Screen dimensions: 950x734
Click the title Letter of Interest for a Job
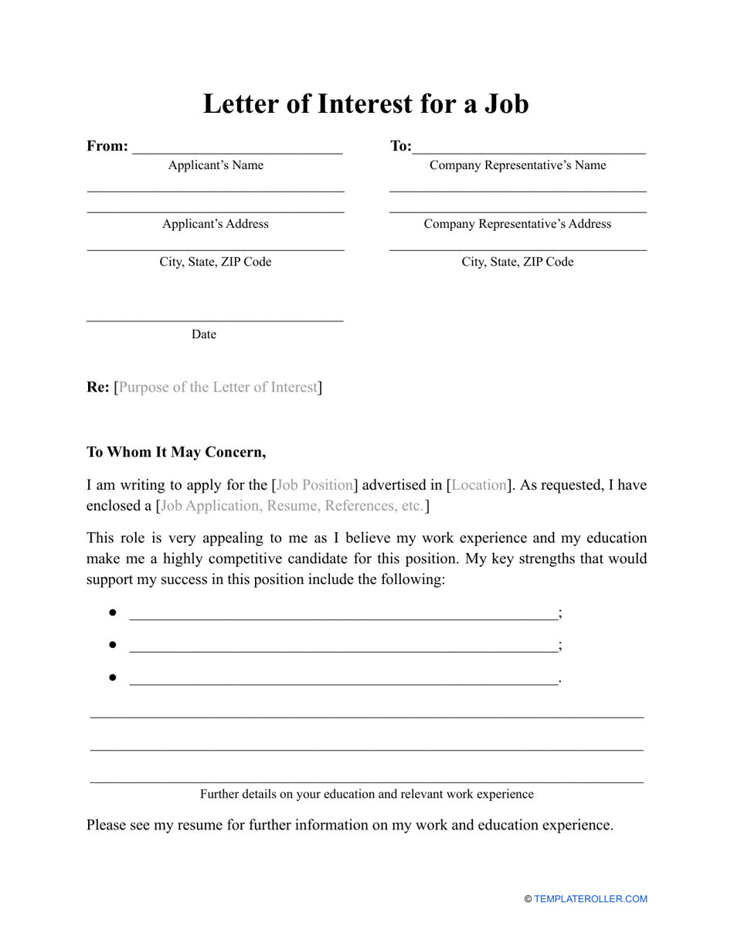(x=365, y=103)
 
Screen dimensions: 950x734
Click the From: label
(x=107, y=146)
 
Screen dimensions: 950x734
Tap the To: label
(x=400, y=146)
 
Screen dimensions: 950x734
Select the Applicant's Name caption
(x=216, y=165)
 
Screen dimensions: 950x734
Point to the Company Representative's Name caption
(x=518, y=165)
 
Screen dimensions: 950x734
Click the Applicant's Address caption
(x=216, y=224)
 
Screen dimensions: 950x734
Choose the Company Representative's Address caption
(x=517, y=224)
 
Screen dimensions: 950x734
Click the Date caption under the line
(x=204, y=334)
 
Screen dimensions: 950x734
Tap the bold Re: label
(x=98, y=387)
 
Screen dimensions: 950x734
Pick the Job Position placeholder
(x=314, y=486)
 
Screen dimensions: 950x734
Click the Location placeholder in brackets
(x=478, y=486)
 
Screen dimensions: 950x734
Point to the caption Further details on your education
(x=366, y=794)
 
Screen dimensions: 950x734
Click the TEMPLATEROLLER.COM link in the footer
(x=590, y=899)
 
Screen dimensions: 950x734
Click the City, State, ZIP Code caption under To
(x=518, y=262)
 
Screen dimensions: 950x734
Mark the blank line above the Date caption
(x=215, y=318)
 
